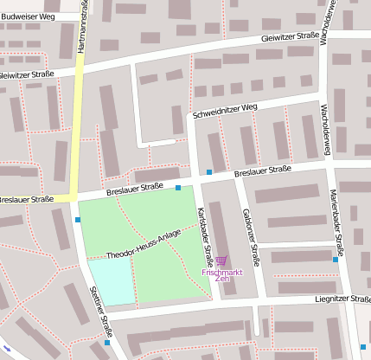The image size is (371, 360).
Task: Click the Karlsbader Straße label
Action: pos(205,236)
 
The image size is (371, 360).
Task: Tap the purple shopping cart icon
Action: pos(221,260)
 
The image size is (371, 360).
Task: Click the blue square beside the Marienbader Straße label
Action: pos(336,259)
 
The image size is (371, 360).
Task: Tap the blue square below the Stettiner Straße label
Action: pos(107,343)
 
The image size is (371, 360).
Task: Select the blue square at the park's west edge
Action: pos(78,220)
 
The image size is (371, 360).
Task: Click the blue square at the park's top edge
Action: pos(178,188)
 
